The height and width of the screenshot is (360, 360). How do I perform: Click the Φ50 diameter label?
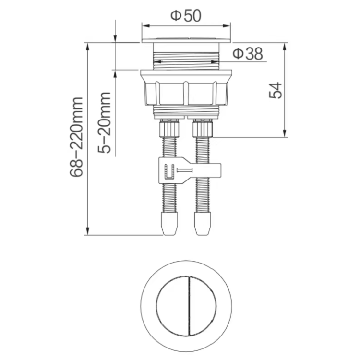(186, 16)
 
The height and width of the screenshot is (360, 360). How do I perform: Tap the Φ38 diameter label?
(248, 54)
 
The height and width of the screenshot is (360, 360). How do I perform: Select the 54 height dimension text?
(276, 90)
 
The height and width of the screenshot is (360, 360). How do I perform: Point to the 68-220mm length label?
(76, 137)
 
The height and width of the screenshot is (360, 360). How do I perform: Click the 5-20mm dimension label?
(104, 122)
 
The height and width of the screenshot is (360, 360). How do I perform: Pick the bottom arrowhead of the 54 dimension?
(285, 133)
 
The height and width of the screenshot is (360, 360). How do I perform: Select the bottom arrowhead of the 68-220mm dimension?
(87, 231)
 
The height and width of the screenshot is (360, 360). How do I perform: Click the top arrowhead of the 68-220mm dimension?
(87, 47)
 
